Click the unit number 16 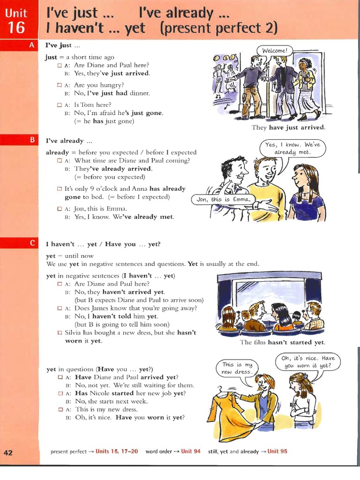coord(16,28)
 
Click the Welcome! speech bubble coord(274,50)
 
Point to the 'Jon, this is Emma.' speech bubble coord(224,199)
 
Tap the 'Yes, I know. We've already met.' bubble coord(292,148)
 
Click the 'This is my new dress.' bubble coord(237,368)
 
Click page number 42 coord(8,452)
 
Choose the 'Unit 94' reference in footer coord(191,451)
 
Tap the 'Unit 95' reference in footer coord(277,451)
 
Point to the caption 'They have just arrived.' coord(288,127)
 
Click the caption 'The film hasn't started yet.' coord(282,342)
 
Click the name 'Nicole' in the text coord(99,393)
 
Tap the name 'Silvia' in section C coord(75,332)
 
